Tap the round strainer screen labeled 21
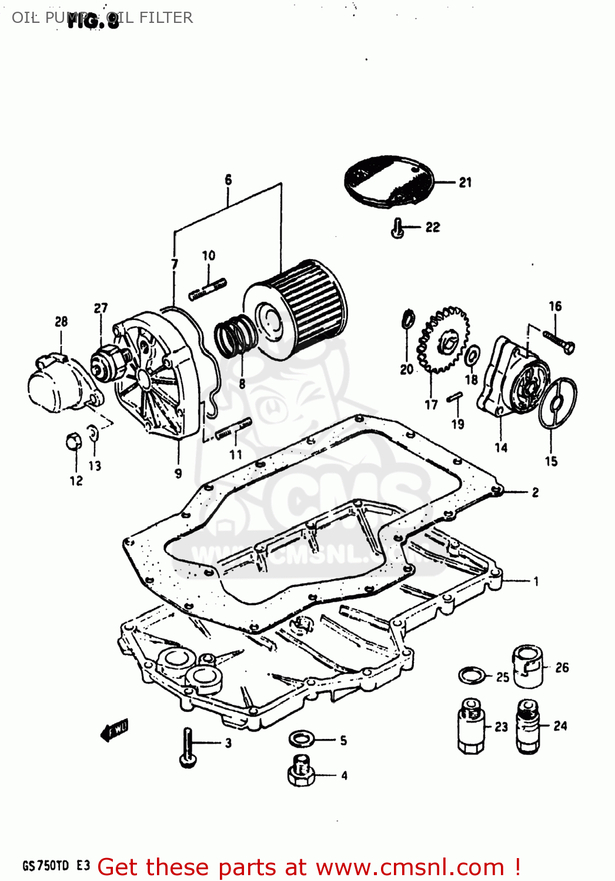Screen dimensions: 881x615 click(389, 180)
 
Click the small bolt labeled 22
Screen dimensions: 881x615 click(397, 228)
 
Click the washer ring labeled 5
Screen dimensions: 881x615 click(302, 738)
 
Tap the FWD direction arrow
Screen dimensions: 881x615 click(114, 730)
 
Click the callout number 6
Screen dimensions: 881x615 click(228, 180)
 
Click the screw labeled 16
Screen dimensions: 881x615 click(559, 341)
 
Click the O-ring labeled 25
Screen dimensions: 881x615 click(472, 675)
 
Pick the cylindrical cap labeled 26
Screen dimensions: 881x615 click(528, 666)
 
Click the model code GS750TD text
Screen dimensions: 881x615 click(46, 866)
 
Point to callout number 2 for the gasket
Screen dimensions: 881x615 click(535, 492)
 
